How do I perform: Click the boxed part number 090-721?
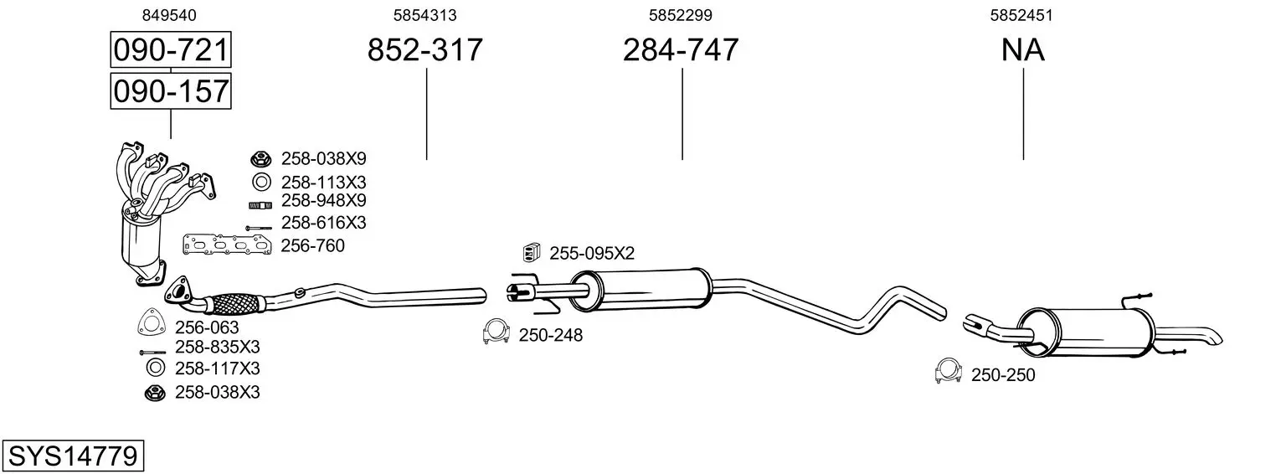[171, 49]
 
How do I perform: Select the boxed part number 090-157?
[171, 91]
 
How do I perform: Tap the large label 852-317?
[424, 49]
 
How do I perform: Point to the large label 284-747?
[681, 49]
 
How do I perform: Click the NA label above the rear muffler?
[1023, 49]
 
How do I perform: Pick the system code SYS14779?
[73, 456]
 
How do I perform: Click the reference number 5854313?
[424, 15]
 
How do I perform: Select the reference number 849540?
[169, 15]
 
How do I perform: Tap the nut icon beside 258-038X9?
[260, 158]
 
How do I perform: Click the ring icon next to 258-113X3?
[261, 183]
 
